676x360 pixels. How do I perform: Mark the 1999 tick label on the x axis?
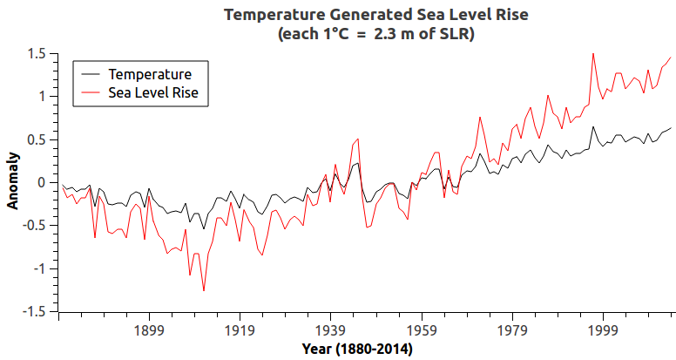coord(602,331)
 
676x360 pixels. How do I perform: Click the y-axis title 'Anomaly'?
coord(13,182)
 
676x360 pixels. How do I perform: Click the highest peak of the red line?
coord(593,53)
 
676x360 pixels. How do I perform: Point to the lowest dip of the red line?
coord(204,291)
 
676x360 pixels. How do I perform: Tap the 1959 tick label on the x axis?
coord(421,331)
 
